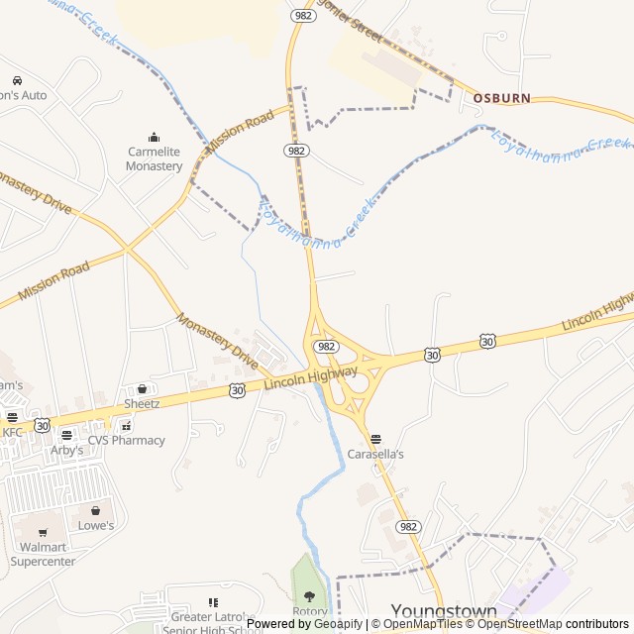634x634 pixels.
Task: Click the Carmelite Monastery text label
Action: click(154, 158)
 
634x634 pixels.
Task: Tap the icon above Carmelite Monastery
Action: click(154, 138)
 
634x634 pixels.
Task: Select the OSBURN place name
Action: click(501, 98)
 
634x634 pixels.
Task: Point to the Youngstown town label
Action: click(444, 611)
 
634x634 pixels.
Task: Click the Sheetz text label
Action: click(142, 404)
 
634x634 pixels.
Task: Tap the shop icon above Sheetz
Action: click(142, 389)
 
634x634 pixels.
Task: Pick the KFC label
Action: click(12, 432)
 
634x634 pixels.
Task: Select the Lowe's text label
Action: click(96, 525)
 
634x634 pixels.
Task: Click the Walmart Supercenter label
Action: click(43, 554)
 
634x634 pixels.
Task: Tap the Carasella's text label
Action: click(375, 454)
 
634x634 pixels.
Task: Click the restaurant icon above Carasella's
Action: click(375, 439)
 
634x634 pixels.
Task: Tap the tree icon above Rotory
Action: click(309, 596)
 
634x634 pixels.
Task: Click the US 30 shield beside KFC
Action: click(42, 425)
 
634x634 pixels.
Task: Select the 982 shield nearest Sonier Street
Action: click(303, 17)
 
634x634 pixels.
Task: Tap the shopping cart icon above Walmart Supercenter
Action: click(43, 533)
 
